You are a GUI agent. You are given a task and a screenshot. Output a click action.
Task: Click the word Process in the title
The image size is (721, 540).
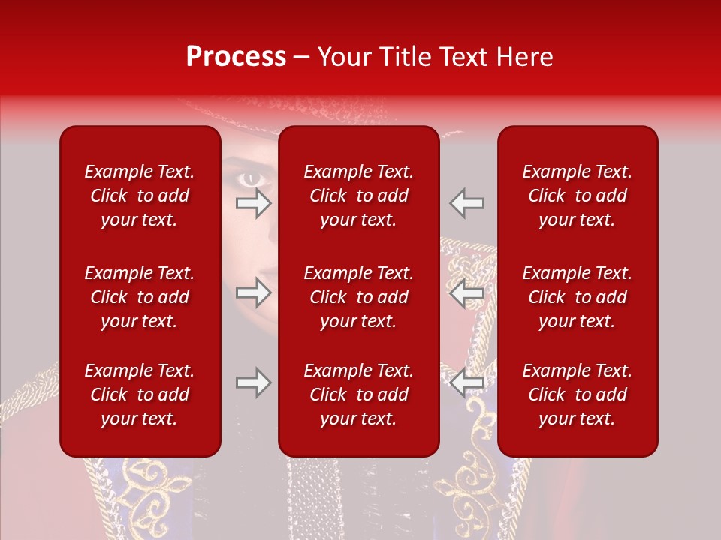point(236,57)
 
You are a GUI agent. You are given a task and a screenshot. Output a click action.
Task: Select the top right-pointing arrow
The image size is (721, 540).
point(253,203)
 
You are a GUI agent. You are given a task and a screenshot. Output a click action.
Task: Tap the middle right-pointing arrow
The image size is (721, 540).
point(253,293)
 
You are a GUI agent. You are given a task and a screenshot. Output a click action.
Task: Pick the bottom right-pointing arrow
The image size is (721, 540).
point(253,383)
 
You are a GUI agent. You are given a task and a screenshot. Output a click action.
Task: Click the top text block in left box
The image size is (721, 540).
point(140,196)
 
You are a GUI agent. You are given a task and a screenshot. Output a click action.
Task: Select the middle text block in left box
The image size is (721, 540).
point(140,297)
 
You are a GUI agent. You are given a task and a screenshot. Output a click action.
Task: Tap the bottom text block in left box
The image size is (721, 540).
point(140,394)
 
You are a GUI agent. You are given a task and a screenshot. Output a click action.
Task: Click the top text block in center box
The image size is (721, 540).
point(358,196)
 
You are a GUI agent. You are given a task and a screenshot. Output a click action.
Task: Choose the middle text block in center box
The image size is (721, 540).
point(358,297)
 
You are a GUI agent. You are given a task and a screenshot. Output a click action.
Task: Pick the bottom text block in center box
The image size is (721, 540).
point(358,394)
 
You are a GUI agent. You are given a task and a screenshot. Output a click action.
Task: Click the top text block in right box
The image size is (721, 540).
point(577,196)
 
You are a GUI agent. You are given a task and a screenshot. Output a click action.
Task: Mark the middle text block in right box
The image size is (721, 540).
point(577,297)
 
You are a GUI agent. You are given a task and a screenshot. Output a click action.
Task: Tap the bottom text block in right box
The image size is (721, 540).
point(577,394)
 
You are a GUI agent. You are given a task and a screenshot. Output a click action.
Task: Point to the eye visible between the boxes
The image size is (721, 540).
point(250,178)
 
